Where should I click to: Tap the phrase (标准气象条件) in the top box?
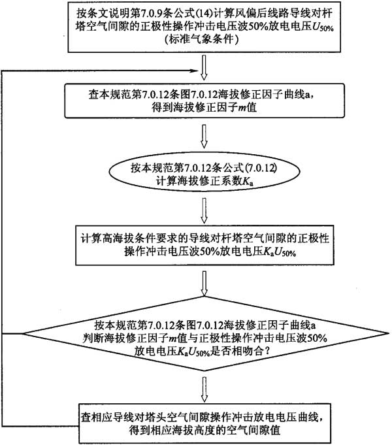201,39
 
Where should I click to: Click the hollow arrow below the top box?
204,67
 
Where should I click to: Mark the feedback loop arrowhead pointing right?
193,71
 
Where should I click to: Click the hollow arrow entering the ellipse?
204,137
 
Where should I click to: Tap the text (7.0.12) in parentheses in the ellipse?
261,169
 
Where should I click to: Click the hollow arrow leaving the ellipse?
204,210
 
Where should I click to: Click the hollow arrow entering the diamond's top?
204,283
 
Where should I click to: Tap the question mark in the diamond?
267,352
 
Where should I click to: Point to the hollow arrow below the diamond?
204,389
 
